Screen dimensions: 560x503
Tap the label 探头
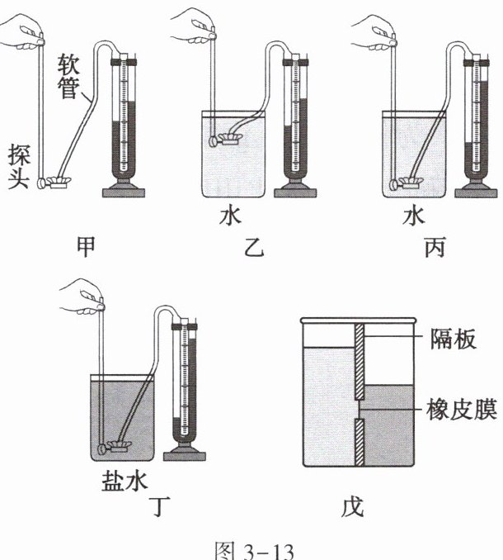(x=19, y=166)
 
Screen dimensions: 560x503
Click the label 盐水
(x=119, y=480)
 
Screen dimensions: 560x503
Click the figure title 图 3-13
(x=252, y=545)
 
